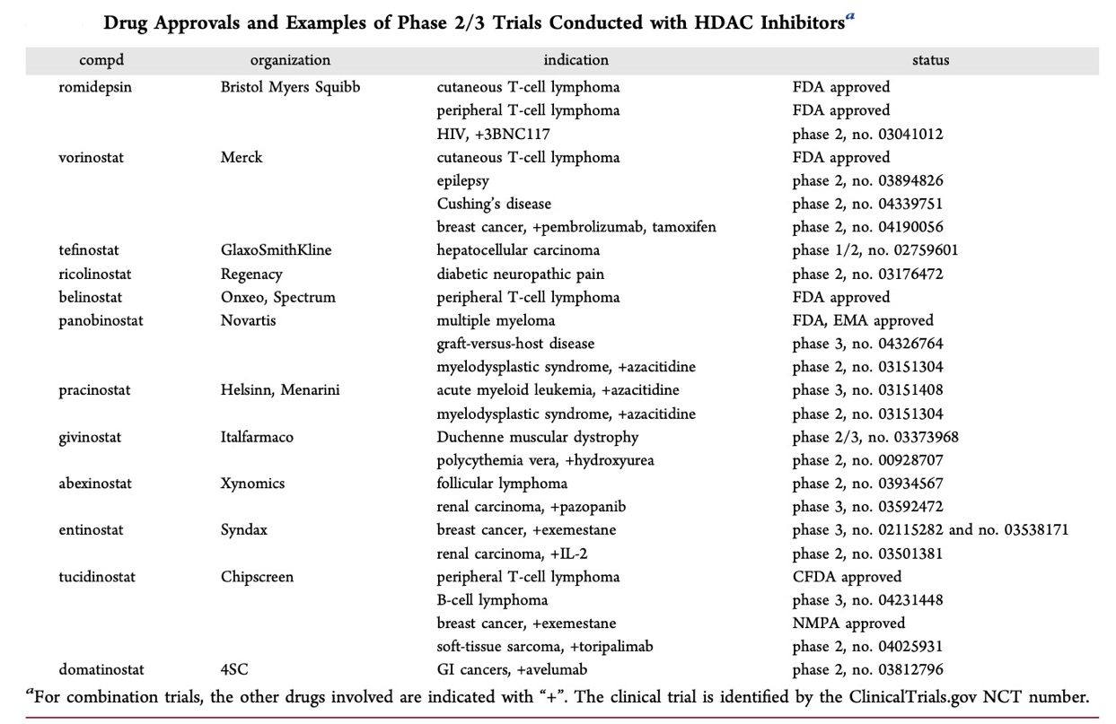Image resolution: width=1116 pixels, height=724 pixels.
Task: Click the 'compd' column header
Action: click(x=101, y=60)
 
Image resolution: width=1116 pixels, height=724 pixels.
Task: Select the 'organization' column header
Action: click(x=290, y=60)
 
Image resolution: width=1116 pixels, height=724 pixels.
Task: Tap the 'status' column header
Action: click(x=930, y=60)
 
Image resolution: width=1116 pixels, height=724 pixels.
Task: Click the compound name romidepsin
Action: click(x=95, y=87)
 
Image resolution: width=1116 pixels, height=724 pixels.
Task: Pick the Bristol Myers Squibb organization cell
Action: click(x=290, y=87)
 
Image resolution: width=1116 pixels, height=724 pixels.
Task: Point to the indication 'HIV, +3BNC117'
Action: click(x=493, y=134)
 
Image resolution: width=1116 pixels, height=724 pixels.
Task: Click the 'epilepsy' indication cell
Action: click(x=462, y=180)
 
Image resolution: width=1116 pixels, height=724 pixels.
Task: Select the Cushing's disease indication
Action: click(x=494, y=204)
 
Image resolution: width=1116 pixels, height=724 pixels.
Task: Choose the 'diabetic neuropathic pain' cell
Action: click(x=520, y=274)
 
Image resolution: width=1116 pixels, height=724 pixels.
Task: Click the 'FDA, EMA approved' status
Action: click(x=863, y=320)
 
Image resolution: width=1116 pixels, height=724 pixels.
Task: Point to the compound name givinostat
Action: click(x=90, y=437)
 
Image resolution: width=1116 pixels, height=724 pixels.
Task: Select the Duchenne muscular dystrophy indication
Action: click(x=538, y=437)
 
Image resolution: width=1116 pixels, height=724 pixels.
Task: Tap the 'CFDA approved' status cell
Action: click(x=847, y=577)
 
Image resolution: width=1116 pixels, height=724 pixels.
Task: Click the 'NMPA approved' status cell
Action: click(x=848, y=624)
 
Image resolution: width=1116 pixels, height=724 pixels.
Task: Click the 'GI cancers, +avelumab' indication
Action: click(x=512, y=670)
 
